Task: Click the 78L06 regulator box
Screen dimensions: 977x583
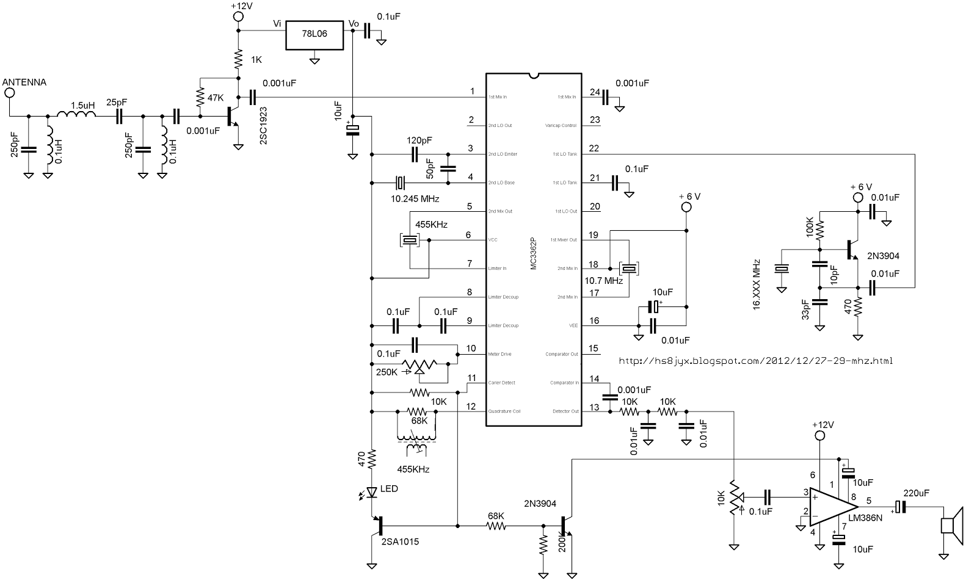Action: click(x=314, y=34)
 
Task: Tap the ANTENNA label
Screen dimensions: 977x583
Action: click(x=24, y=82)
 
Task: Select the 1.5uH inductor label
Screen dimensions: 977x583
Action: click(x=82, y=105)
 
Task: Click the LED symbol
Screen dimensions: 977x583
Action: click(x=372, y=491)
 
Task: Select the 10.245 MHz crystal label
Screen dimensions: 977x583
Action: click(x=414, y=199)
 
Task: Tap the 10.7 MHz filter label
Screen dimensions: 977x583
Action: click(x=604, y=281)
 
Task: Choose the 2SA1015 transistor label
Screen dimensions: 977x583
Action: click(x=401, y=540)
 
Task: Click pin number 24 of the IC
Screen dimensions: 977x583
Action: click(x=594, y=92)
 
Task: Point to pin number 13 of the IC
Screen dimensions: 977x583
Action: click(x=594, y=407)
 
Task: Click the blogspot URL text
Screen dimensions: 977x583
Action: click(x=755, y=361)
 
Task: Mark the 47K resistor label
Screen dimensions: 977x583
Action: click(x=216, y=98)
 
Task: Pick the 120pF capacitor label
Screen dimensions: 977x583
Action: click(x=419, y=140)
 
